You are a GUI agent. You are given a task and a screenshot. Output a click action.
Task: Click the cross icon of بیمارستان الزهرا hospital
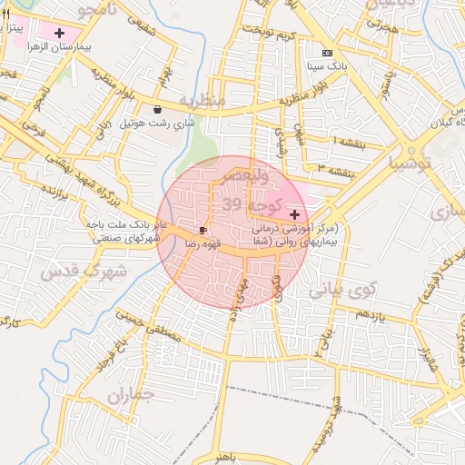[60, 33]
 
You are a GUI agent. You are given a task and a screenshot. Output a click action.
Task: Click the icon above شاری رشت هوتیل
[158, 109]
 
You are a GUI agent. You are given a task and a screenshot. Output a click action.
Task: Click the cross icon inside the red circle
[294, 214]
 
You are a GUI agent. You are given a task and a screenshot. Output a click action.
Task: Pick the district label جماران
[131, 395]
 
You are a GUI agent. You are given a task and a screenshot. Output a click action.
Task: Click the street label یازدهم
[371, 314]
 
